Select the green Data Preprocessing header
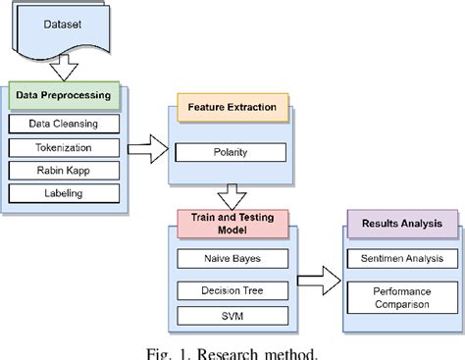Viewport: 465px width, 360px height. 65,95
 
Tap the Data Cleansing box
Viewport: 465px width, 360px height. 65,124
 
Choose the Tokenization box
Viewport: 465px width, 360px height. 65,147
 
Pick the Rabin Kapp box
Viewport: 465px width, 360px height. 65,170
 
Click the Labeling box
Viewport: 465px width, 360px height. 65,193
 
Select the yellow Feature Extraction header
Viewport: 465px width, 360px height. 231,105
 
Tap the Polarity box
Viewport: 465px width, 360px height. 231,153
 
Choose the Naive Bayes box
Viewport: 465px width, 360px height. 231,259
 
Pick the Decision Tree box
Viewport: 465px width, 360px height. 231,291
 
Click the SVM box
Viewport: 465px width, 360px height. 231,316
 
